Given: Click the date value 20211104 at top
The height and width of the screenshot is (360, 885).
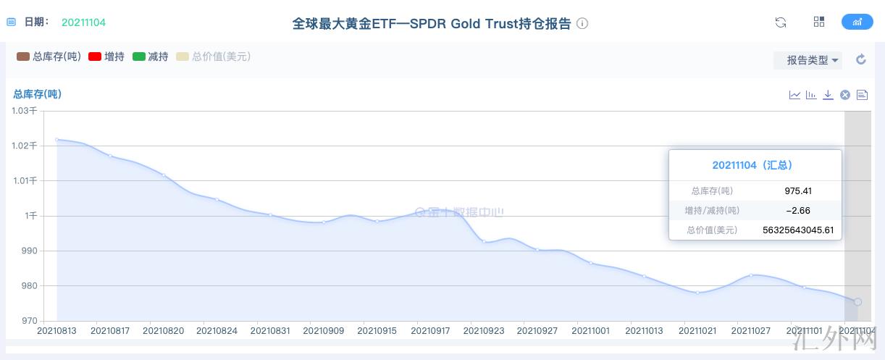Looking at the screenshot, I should pos(83,22).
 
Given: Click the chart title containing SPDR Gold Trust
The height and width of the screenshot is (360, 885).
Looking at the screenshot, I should pos(432,23).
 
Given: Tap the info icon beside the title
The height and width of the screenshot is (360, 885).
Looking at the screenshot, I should pos(582,23).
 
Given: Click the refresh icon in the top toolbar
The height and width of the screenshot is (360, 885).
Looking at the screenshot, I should pos(781,22).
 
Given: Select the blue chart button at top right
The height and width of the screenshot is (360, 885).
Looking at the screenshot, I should pos(857,22).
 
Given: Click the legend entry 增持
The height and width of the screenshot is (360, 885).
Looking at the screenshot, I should pos(106,56).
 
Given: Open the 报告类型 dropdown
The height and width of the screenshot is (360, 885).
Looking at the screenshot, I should pos(808,60).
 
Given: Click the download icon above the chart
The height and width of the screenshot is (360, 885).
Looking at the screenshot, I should pos(828,95).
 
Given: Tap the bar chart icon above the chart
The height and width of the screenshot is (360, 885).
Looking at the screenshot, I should pos(811,95).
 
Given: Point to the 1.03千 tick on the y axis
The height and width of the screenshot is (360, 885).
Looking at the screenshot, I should pos(23,111).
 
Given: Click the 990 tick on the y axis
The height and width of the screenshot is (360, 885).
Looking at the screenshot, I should pos(28,251).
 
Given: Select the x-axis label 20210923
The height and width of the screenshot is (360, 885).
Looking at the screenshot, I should pos(484,331).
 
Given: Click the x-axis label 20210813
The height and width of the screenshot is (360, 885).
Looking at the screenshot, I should pos(56,331).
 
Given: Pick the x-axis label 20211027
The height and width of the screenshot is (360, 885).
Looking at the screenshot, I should pos(751,331).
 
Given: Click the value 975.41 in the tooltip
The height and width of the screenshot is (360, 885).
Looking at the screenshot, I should pos(798,191).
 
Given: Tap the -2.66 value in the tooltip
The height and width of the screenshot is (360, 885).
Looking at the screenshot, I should pos(798,211).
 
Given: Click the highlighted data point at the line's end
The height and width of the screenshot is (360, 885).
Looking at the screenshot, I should pos(857,301).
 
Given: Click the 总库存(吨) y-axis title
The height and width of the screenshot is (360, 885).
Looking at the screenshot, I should pos(37,94).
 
